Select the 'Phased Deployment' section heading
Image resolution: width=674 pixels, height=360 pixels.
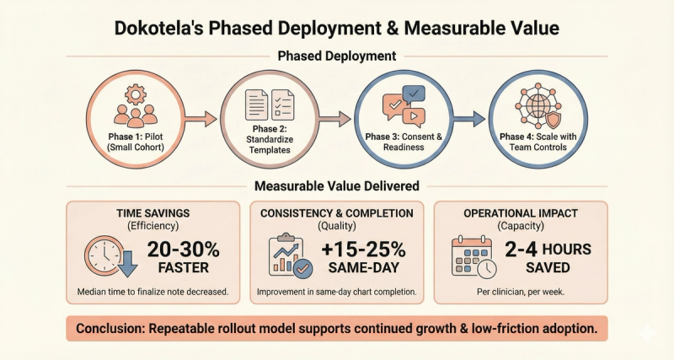tap(337, 57)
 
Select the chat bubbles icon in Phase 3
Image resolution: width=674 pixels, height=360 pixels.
tap(402, 106)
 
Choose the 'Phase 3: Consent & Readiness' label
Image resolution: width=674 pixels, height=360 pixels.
tap(402, 142)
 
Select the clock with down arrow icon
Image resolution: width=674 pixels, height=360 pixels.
tap(109, 254)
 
